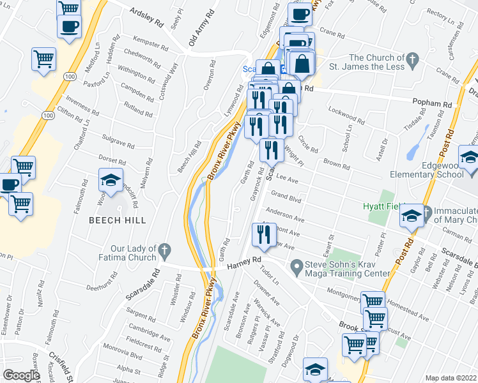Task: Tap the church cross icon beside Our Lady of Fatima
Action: pyautogui.click(x=165, y=248)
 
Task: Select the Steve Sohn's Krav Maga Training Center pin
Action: pyautogui.click(x=296, y=264)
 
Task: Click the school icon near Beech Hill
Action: pyautogui.click(x=111, y=181)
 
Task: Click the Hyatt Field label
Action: pyautogui.click(x=382, y=206)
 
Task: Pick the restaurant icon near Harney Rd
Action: pyautogui.click(x=264, y=235)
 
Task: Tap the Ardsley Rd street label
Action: pyautogui.click(x=146, y=19)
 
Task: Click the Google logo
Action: pyautogui.click(x=21, y=375)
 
